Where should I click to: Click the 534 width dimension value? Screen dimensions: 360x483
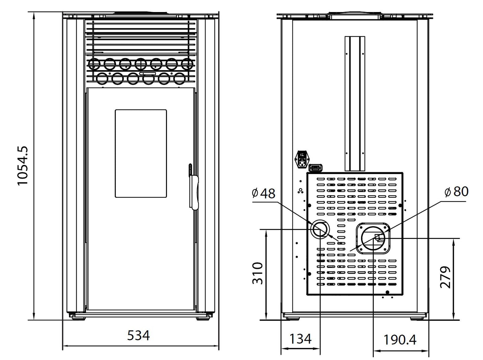tap(138, 335)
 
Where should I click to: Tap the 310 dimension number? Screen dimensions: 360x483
tap(258, 273)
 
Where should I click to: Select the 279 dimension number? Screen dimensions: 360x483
tap(445, 277)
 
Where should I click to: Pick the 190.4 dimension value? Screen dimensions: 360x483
tap(400, 340)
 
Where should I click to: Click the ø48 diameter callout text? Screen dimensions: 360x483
tap(263, 194)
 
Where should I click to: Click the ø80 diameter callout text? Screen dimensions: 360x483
tap(456, 192)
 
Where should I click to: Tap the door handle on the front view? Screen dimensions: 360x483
tap(194, 187)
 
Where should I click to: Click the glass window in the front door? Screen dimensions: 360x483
tap(141, 153)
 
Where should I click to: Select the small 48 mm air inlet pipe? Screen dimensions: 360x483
tap(320, 230)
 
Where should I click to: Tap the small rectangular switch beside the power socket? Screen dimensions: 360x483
tap(316, 168)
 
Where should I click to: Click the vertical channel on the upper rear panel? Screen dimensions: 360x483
tap(355, 103)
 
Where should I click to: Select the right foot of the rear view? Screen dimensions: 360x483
tap(417, 317)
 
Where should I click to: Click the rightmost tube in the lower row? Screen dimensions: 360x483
tap(180, 79)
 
